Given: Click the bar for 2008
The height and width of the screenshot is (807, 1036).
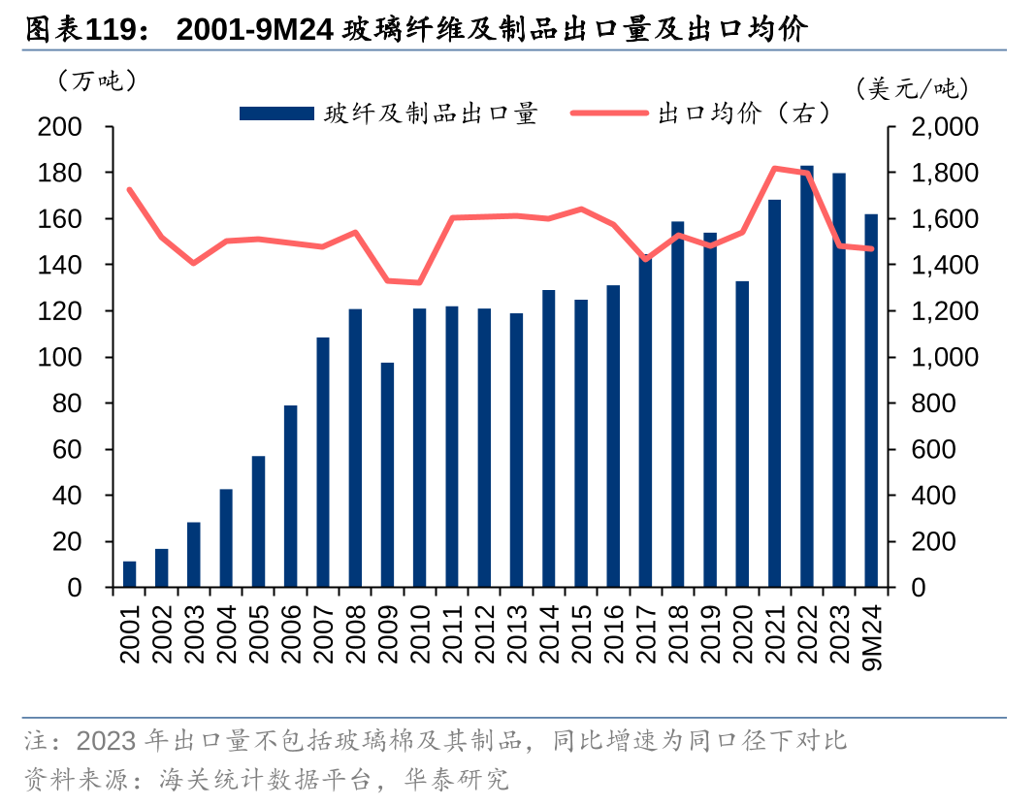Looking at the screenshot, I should point(355,448).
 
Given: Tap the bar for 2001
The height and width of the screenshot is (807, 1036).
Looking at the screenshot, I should point(130,574).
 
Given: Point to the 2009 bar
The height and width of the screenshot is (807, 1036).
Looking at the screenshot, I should point(387,474).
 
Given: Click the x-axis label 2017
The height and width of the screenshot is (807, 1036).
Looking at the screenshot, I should point(645,634).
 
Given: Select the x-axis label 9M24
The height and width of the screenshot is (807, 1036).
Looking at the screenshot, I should point(871,634).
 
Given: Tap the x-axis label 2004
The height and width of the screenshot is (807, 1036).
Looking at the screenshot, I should point(226,634).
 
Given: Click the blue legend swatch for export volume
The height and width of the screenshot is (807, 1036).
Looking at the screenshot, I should point(276,113).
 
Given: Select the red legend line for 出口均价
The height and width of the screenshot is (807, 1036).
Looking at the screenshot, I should point(609,113).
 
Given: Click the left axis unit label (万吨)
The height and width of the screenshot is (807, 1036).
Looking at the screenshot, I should point(97,81).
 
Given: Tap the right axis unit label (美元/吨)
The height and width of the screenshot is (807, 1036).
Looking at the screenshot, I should point(912,89).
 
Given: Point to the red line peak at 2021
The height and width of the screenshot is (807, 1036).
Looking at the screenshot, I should point(774,169).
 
